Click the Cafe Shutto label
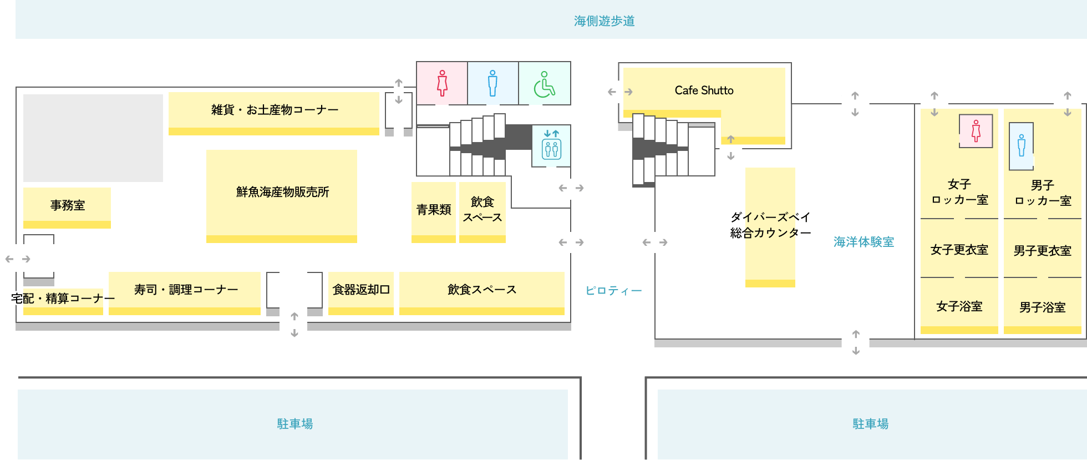[704, 90]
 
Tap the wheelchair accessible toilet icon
[544, 84]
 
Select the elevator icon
[551, 145]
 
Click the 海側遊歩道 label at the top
[604, 21]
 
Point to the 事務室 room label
[68, 205]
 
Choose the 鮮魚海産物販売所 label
[282, 192]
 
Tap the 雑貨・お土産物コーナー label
[275, 110]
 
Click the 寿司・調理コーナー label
[186, 290]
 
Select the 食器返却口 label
[361, 290]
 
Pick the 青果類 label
[434, 210]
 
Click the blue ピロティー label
[613, 291]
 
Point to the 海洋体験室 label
[863, 242]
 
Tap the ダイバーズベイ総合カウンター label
[770, 225]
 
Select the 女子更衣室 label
[959, 250]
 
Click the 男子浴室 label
[1042, 307]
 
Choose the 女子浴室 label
[959, 306]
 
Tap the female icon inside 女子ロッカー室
[976, 131]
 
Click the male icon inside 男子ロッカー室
[1021, 145]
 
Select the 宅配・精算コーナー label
[63, 299]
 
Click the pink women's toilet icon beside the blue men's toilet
[442, 83]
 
